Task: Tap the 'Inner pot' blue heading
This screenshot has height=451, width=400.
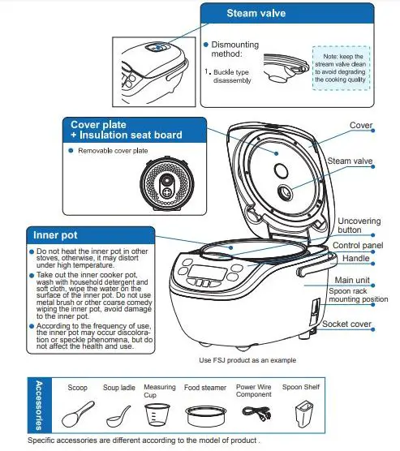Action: tap(54, 235)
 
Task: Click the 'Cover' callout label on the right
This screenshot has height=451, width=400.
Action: tap(360, 126)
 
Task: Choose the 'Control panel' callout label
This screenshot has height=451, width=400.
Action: tap(357, 245)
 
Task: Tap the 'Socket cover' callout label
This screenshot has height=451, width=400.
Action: tap(347, 324)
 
